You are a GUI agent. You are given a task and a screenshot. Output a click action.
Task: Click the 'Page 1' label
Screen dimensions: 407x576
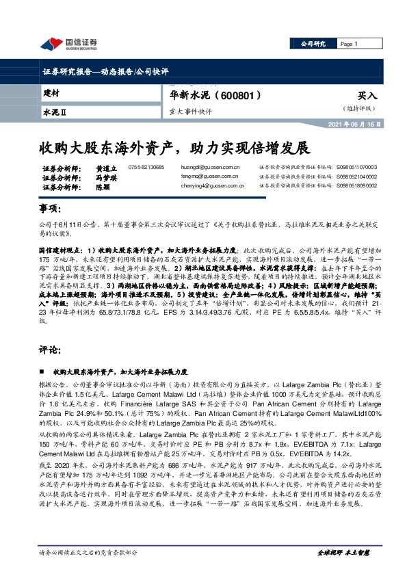click(x=350, y=44)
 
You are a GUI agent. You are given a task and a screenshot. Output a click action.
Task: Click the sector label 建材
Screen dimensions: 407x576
click(x=51, y=92)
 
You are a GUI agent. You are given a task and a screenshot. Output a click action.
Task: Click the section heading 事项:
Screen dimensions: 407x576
click(x=51, y=207)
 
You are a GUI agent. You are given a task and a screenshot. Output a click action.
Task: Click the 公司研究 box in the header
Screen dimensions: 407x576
click(x=314, y=44)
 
